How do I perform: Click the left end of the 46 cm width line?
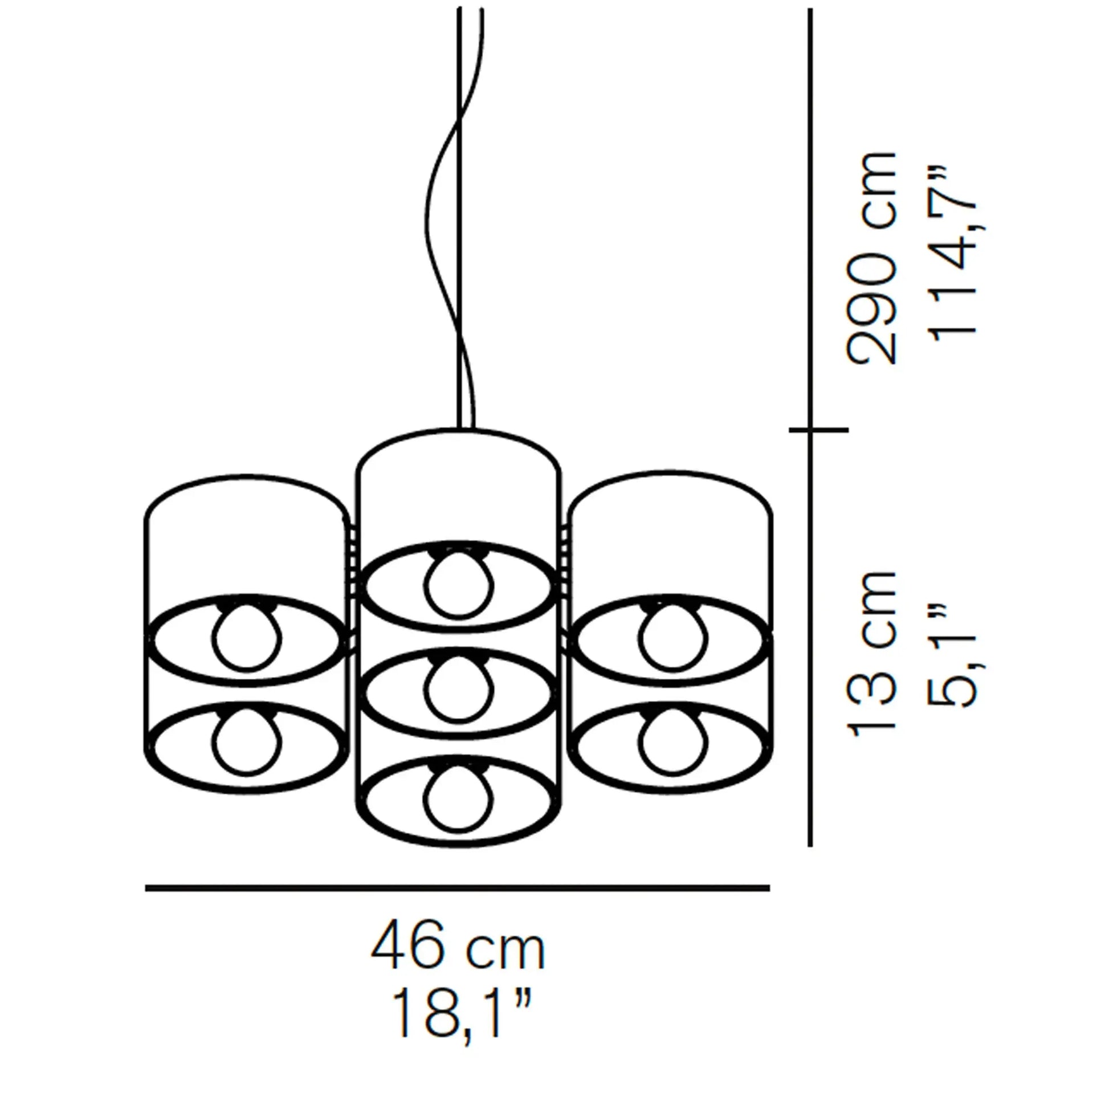146,888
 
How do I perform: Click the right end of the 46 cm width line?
769,888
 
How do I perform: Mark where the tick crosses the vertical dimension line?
810,429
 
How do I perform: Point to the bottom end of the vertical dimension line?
810,846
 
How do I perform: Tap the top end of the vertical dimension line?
810,9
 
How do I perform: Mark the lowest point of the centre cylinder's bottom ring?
458,846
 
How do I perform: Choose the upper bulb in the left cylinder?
247,635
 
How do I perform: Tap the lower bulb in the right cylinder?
671,741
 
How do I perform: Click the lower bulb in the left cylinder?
247,741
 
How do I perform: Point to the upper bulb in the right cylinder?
671,635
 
